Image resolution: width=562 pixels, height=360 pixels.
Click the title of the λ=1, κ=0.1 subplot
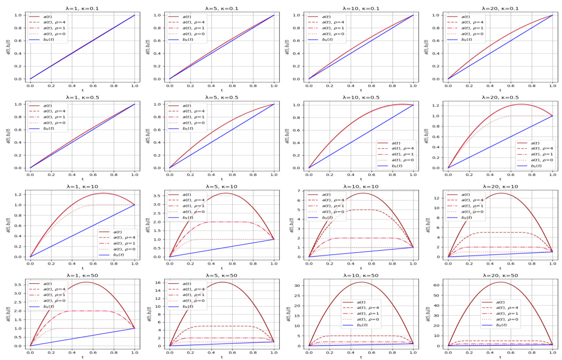pos(82,9)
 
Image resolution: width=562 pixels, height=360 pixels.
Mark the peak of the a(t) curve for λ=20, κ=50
pos(500,282)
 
